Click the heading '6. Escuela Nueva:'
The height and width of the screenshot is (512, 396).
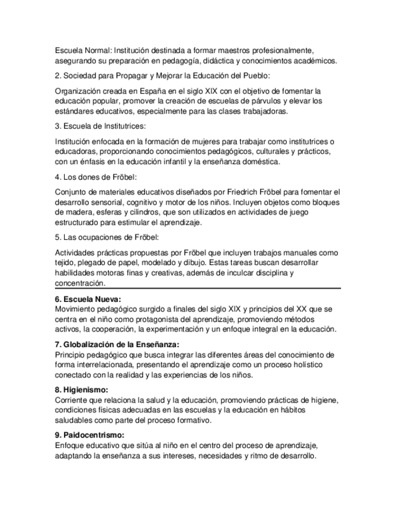[88, 299]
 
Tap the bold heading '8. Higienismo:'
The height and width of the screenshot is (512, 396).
[81, 390]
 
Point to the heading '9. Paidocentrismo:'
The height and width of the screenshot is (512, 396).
[89, 435]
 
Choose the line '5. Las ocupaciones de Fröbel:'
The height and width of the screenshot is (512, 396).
[106, 235]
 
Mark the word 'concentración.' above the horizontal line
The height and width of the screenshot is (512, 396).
[79, 283]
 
